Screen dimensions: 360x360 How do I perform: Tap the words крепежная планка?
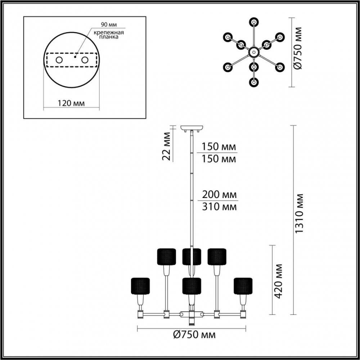109,35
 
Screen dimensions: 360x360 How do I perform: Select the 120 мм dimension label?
71,103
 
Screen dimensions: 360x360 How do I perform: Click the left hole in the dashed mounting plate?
59,60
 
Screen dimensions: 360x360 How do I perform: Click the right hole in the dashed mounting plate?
85,60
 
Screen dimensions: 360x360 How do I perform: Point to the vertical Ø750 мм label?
298,48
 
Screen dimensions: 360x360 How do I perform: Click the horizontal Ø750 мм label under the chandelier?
194,335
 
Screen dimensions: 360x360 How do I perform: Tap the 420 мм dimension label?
278,281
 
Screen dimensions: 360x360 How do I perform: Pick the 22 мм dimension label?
167,146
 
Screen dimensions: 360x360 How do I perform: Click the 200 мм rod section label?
219,195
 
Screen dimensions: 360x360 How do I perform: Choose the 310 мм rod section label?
219,207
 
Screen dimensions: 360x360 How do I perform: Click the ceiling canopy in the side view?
192,128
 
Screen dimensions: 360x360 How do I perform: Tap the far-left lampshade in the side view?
140,286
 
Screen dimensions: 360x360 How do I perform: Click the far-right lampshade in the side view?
243,286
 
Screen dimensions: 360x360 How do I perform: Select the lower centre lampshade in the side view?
192,286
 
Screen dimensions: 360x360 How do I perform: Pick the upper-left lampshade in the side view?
166,257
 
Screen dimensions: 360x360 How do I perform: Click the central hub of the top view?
254,52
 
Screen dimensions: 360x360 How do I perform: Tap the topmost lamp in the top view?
254,22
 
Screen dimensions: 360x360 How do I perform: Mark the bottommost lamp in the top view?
254,82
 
